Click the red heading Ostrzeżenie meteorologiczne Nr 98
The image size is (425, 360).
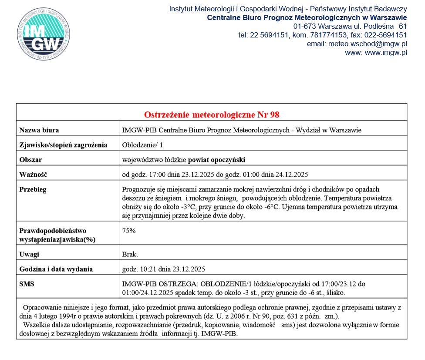pyautogui.click(x=212, y=115)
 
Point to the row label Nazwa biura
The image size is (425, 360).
pyautogui.click(x=39, y=130)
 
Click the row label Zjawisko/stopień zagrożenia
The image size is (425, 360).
pyautogui.click(x=63, y=145)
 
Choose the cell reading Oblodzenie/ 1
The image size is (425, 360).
pyautogui.click(x=142, y=145)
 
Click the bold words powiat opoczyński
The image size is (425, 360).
pyautogui.click(x=216, y=160)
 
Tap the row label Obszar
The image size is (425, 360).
pyautogui.click(x=30, y=160)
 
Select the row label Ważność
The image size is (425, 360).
pyautogui.click(x=33, y=175)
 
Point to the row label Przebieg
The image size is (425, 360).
pyautogui.click(x=33, y=189)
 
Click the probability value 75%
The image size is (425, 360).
pyautogui.click(x=129, y=231)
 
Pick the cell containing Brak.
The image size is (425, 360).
pyautogui.click(x=130, y=254)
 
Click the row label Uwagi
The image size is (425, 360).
pyautogui.click(x=29, y=254)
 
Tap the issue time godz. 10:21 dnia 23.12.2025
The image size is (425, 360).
pyautogui.click(x=164, y=269)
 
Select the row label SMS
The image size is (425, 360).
pyautogui.click(x=27, y=284)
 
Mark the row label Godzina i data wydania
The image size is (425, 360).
pyautogui.click(x=56, y=269)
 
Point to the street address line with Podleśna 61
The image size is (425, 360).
pyautogui.click(x=350, y=27)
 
